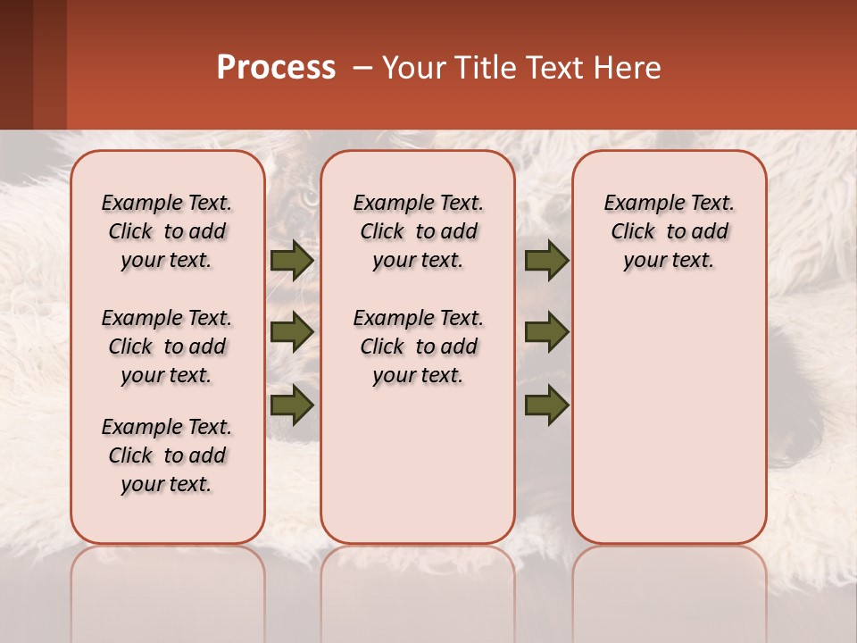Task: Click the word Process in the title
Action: [x=276, y=68]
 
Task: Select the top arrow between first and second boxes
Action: [x=292, y=260]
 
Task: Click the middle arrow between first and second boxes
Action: [x=292, y=332]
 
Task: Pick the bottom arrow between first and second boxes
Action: [x=292, y=405]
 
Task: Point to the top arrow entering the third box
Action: [x=546, y=260]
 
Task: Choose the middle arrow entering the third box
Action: [x=546, y=332]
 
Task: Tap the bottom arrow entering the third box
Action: [x=546, y=405]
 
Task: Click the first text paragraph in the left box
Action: [x=167, y=231]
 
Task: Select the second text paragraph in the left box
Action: [x=167, y=347]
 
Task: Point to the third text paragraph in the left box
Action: [x=167, y=455]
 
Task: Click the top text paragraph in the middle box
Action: [x=418, y=231]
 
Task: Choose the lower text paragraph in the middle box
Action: [x=418, y=347]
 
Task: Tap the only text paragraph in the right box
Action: [x=670, y=231]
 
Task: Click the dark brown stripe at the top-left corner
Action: [x=16, y=63]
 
